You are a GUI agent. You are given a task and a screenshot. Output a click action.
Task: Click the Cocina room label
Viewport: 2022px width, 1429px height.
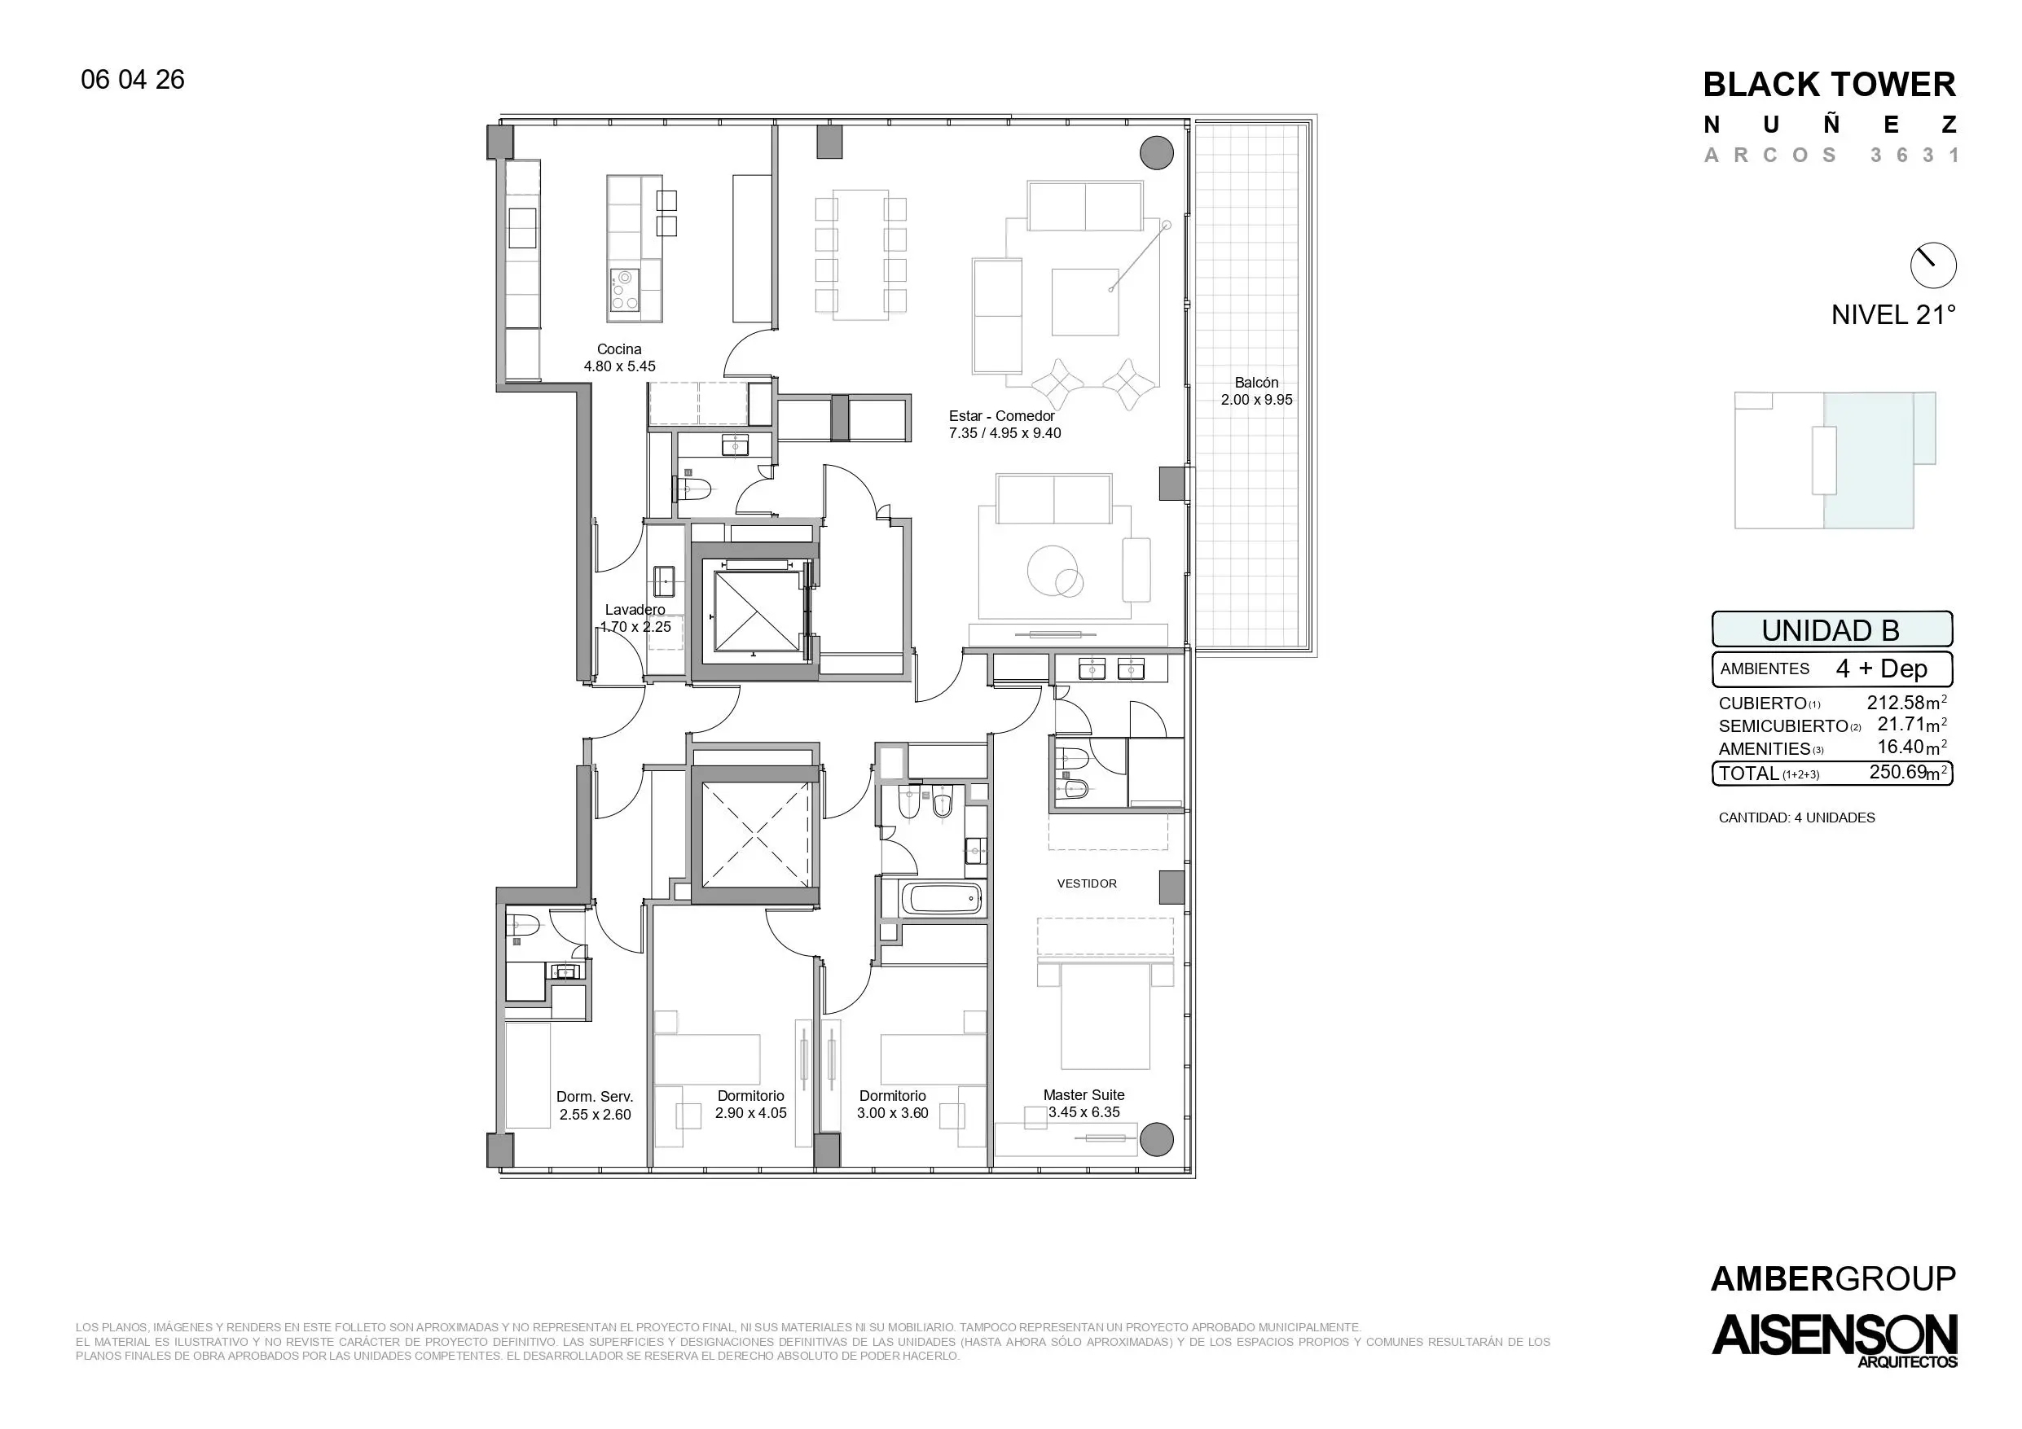619,349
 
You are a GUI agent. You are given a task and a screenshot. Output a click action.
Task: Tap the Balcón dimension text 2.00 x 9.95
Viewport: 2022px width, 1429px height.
1257,400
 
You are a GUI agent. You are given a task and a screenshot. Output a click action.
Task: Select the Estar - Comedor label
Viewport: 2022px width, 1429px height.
1001,416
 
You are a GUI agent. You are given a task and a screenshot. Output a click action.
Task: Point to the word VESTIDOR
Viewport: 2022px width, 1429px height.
1087,883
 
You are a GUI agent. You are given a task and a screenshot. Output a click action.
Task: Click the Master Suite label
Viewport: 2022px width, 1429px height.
1084,1095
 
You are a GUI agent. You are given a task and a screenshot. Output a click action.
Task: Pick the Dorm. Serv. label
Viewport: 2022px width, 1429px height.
595,1097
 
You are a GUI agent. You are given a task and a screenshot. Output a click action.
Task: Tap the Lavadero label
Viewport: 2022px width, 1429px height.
635,610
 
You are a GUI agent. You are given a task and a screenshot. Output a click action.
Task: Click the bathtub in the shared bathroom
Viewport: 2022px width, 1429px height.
942,899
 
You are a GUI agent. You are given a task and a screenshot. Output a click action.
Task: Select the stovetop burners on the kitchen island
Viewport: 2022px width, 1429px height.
624,291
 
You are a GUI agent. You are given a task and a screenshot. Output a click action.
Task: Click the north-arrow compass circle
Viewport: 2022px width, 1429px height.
1933,265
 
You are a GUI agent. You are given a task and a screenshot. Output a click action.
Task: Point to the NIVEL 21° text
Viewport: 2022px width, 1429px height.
1893,315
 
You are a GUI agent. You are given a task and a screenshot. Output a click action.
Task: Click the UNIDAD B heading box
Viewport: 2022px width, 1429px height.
1832,629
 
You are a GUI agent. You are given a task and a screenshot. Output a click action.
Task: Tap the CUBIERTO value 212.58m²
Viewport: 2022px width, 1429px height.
1906,703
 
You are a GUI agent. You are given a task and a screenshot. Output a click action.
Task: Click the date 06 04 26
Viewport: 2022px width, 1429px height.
133,80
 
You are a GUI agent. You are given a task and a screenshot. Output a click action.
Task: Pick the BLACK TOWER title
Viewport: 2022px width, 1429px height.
1829,85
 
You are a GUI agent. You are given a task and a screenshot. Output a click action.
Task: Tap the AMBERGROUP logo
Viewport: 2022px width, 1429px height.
1833,1278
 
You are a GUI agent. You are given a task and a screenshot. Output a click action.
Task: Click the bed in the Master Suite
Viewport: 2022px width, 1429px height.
1105,1016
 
